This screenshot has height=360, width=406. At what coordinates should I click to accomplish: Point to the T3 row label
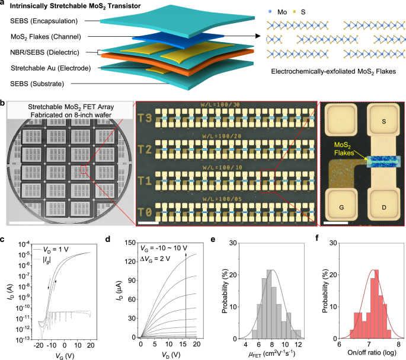[145, 118]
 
